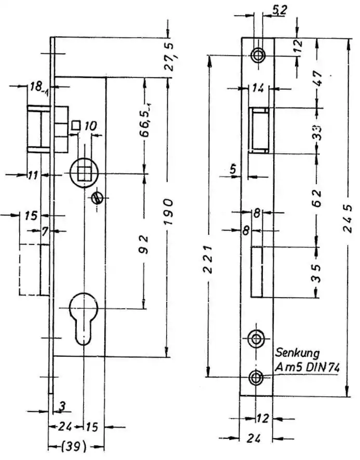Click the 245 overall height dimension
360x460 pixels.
[x=348, y=219]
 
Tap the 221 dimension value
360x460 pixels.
[x=208, y=260]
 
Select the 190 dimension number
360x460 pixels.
[x=168, y=212]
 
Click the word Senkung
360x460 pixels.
[x=297, y=353]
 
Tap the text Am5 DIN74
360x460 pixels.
[x=307, y=367]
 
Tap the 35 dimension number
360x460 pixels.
[x=316, y=273]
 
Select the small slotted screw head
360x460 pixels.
[x=97, y=198]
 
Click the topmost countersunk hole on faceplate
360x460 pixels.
[x=258, y=55]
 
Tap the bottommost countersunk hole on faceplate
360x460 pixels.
[x=256, y=377]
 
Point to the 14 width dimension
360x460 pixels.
[x=258, y=88]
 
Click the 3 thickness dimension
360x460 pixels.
[x=62, y=407]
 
